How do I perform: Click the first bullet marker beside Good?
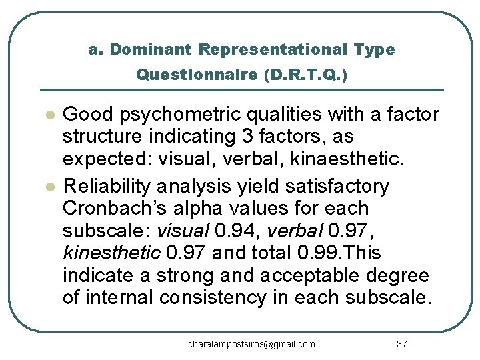(48, 115)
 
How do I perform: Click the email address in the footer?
(251, 344)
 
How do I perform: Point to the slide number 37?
(401, 344)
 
